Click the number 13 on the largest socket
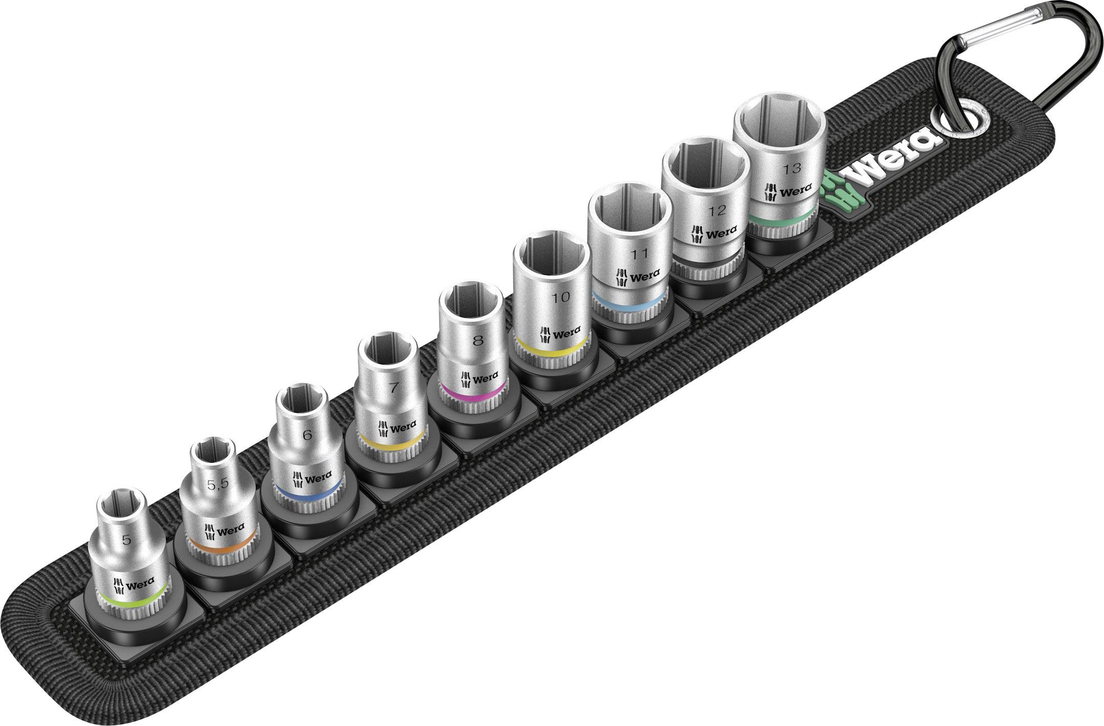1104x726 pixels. pyautogui.click(x=791, y=167)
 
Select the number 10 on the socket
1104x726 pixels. pyautogui.click(x=561, y=297)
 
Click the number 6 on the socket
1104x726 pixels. pyautogui.click(x=307, y=435)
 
